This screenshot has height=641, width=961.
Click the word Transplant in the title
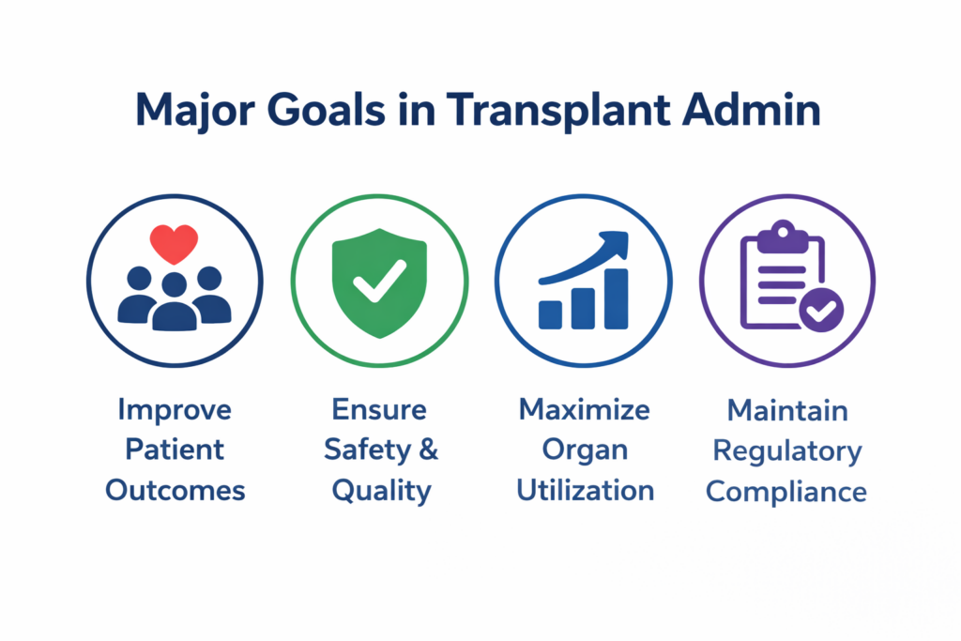[557, 112]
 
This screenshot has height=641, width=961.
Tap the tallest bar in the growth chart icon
[616, 298]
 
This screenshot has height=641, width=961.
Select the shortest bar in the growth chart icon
[550, 314]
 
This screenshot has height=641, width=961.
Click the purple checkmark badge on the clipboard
[821, 310]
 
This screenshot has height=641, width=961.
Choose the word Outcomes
[175, 491]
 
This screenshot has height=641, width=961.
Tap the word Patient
[175, 450]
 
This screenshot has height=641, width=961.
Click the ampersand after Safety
[428, 450]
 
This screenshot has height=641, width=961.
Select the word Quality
[382, 492]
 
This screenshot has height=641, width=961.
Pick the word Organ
[585, 451]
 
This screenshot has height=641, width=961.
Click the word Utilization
[586, 491]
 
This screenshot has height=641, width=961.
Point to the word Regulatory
[787, 452]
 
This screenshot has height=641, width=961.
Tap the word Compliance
[786, 493]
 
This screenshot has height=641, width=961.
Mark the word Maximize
[584, 410]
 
